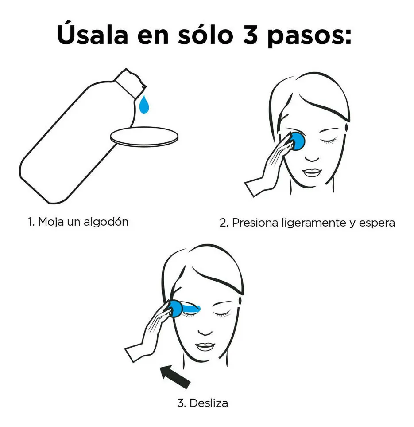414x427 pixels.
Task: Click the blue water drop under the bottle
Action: click(144, 105)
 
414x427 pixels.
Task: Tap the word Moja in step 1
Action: click(51, 222)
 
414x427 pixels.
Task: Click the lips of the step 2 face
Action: click(312, 172)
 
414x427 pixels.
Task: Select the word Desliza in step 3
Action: click(209, 403)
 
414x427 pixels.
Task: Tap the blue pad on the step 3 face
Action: click(176, 308)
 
